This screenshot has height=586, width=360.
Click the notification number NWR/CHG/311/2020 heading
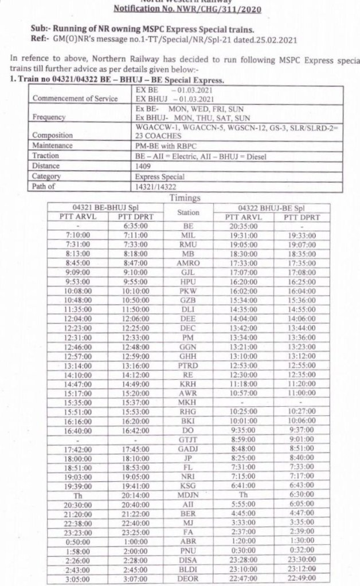pyautogui.click(x=179, y=10)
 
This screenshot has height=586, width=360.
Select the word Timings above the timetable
pyautogui.click(x=185, y=198)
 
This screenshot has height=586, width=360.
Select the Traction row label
pyautogui.click(x=46, y=156)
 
